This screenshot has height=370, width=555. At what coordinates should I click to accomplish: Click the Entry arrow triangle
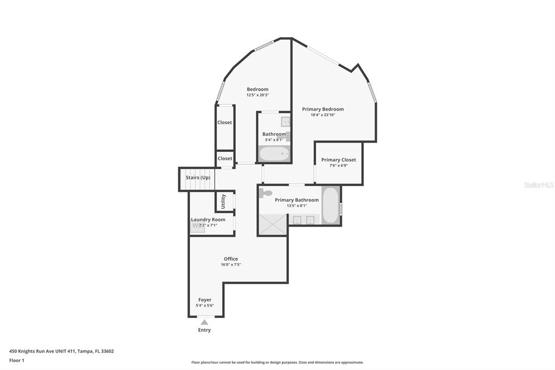click(204, 322)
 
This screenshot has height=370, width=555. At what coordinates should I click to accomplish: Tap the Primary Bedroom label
click(323, 109)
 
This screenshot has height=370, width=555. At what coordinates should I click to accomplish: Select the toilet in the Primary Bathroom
click(266, 193)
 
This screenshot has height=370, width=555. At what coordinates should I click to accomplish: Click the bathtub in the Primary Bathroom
click(331, 205)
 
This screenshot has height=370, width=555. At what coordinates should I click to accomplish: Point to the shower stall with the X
click(273, 225)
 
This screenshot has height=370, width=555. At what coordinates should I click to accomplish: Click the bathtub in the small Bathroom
click(274, 154)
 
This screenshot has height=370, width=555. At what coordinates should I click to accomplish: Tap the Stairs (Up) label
click(198, 177)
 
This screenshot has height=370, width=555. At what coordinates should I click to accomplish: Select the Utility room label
click(223, 201)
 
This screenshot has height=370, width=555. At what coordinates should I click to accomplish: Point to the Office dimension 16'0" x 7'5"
click(231, 264)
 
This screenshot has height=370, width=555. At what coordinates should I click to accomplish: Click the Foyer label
click(205, 300)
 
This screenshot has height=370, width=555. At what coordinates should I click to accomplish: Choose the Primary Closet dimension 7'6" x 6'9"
click(339, 165)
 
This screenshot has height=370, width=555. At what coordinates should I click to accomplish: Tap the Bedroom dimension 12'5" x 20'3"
click(257, 95)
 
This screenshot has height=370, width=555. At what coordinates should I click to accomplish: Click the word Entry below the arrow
click(204, 330)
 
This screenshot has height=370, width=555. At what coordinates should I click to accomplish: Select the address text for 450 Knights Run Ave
click(62, 352)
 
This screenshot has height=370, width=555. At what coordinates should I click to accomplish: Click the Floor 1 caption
click(17, 360)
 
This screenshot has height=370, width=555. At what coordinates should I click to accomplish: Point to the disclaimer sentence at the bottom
click(277, 362)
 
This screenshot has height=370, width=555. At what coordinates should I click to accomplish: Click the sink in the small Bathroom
click(286, 122)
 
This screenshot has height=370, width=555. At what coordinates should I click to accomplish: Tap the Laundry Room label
click(208, 220)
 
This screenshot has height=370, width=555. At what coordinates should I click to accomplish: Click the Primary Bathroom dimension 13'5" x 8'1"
click(297, 206)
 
